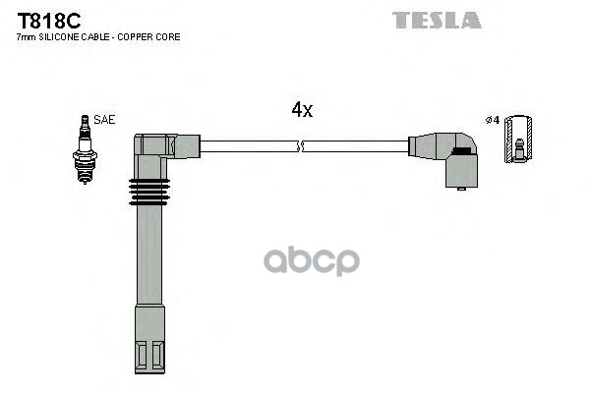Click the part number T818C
click(x=49, y=21)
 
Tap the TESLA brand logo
click(x=437, y=21)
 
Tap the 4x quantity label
click(x=302, y=109)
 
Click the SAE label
click(x=104, y=120)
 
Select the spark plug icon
click(x=85, y=149)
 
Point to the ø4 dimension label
click(x=493, y=120)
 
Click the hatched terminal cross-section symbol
click(x=518, y=140)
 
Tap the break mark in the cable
click(x=300, y=146)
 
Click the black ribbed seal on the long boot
click(x=149, y=193)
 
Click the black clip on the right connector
click(x=461, y=151)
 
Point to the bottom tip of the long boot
click(x=149, y=373)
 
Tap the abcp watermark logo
click(x=312, y=260)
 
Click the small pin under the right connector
click(x=461, y=189)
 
